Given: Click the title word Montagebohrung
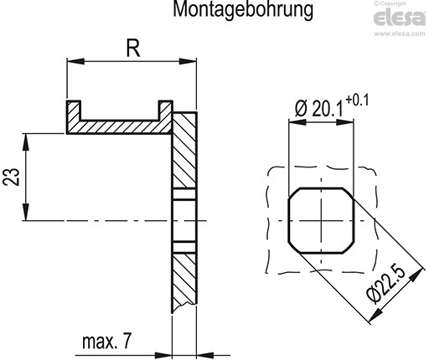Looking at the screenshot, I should pyautogui.click(x=232, y=11).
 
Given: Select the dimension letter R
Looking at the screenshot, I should pyautogui.click(x=132, y=48).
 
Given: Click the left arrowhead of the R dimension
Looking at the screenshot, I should pyautogui.click(x=71, y=61).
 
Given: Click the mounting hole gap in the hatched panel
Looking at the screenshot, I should pyautogui.click(x=183, y=221).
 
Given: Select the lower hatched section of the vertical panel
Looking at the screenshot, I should pyautogui.click(x=183, y=280).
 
